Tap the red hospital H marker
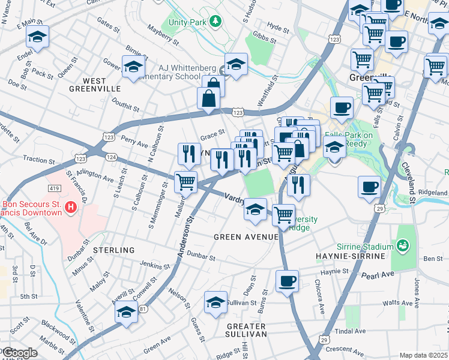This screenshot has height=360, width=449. click(71, 208)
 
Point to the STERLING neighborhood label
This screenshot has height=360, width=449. click(113, 250)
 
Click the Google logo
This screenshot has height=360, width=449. click(19, 352)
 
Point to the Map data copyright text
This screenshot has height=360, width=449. click(424, 355)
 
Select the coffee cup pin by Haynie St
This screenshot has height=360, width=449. click(288, 281)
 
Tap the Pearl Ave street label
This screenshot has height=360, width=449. click(377, 275)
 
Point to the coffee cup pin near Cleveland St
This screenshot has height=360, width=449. click(369, 186)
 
